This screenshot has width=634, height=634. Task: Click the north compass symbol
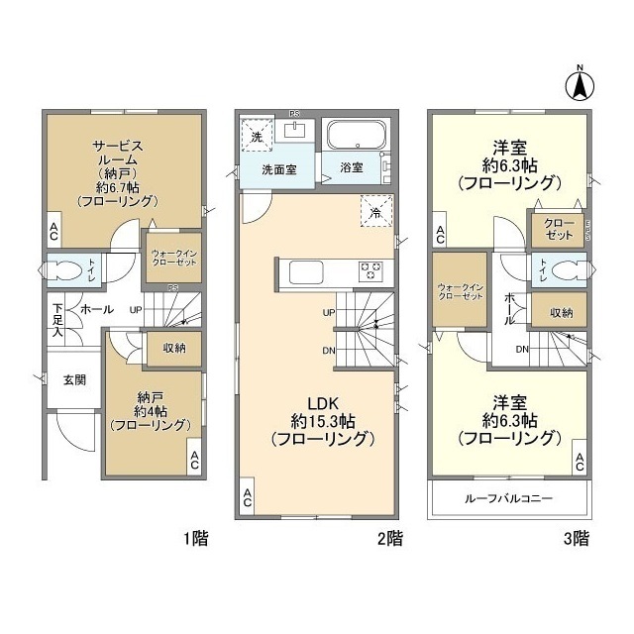(580, 83)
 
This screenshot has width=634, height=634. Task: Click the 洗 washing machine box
(257, 137)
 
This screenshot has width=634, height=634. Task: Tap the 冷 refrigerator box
(375, 211)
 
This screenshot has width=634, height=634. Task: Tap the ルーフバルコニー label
(508, 498)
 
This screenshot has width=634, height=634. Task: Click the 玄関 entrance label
(74, 379)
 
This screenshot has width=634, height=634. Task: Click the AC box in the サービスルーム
(55, 232)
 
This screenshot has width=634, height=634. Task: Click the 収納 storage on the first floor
(173, 348)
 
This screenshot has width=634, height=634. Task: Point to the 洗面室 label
(278, 169)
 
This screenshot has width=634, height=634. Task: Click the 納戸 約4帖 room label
(151, 410)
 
